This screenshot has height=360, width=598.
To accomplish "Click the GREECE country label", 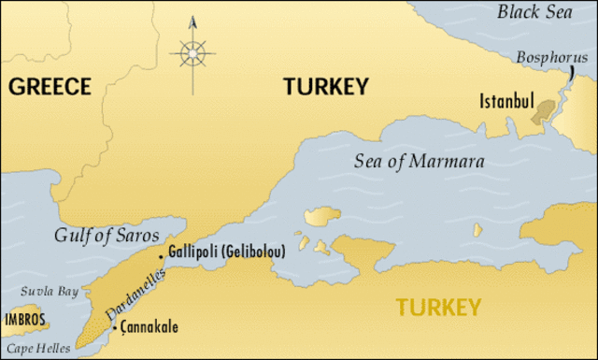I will (x=50, y=87).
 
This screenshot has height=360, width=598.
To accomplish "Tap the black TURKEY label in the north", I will (x=326, y=87).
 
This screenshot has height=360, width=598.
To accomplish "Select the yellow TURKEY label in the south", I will (x=438, y=307).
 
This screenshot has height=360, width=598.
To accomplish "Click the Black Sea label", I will (x=534, y=12).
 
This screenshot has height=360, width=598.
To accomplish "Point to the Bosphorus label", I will (x=551, y=58).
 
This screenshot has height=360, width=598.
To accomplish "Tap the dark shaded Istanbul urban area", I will (x=540, y=115).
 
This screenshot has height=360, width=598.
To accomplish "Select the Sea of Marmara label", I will (x=420, y=161).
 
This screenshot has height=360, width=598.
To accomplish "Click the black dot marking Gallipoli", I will (x=161, y=255).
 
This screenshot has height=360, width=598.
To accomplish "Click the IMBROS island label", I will (x=24, y=319).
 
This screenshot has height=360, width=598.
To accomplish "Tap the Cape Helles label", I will (x=28, y=349).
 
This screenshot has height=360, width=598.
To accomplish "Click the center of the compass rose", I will (x=192, y=53).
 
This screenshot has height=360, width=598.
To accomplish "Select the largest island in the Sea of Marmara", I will (x=322, y=218).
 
